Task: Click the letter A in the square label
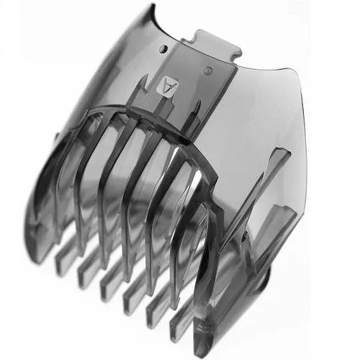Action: [166, 86]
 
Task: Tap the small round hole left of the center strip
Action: [164, 48]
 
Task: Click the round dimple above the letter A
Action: [208, 70]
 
